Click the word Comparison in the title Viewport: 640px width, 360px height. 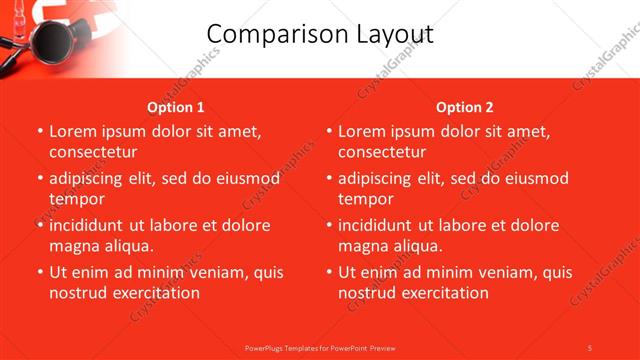[266, 34]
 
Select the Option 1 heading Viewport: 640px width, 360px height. [176, 107]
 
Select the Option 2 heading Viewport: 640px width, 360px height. [465, 107]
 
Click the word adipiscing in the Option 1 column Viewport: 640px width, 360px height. [92, 179]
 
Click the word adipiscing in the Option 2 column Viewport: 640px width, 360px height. [381, 179]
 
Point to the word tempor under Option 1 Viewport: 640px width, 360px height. [77, 199]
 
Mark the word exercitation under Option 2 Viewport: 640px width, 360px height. [443, 293]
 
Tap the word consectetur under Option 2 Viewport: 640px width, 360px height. [382, 152]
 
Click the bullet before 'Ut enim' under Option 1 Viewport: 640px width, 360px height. [40, 272]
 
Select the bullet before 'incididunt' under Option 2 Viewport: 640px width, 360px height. [329, 225]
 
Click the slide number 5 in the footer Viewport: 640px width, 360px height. [589, 347]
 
